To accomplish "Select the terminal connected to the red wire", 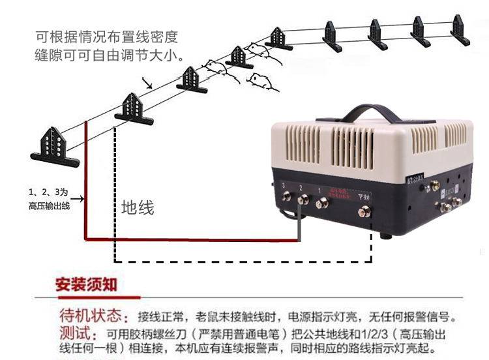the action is tap(303, 199).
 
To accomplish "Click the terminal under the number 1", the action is tap(321, 203).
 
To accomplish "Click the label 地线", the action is tap(138, 208).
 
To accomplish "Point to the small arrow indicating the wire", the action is tap(147, 83).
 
